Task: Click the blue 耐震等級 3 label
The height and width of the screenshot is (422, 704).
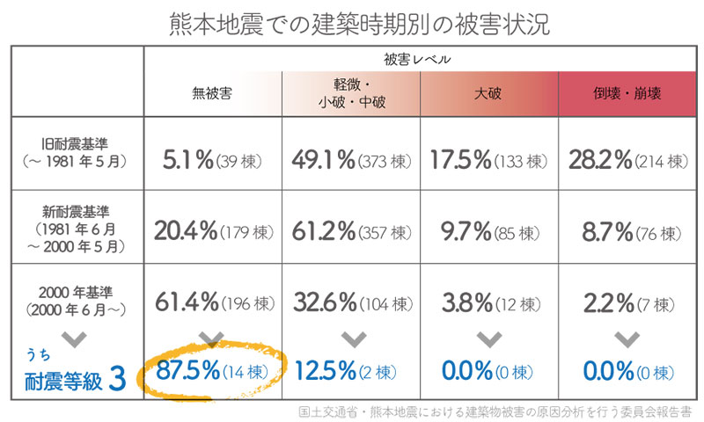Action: coord(77,380)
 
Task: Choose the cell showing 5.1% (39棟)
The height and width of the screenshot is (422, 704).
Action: coord(213,160)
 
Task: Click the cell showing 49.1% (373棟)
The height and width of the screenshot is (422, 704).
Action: coord(351,160)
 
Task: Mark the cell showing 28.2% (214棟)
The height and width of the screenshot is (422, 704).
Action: coord(627,160)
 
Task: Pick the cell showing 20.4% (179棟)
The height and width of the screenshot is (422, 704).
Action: coord(213,232)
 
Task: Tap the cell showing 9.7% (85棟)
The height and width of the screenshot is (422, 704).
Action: coord(488,232)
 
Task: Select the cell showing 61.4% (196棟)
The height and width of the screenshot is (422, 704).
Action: coord(213,302)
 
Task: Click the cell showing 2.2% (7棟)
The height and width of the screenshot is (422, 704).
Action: coord(627,302)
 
